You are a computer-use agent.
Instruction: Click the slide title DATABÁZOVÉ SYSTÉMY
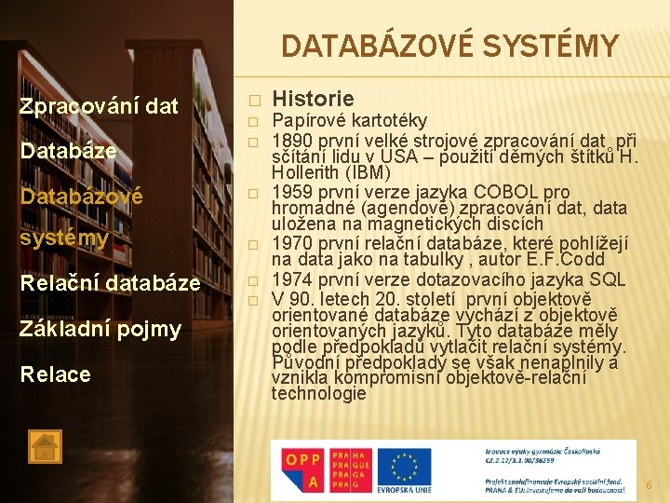coord(449,46)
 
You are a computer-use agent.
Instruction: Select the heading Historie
coord(313,99)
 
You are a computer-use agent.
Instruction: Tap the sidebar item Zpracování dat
coord(99,106)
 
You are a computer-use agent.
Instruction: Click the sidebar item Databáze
coord(68,151)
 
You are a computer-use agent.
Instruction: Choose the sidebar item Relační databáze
coord(110,283)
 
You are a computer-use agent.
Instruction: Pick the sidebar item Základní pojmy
coord(100,328)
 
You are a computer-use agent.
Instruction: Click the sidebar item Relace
coord(55,374)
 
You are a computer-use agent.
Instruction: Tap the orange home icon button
coord(45,447)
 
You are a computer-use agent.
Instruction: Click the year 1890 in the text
coord(290,138)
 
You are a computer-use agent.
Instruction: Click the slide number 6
coord(650,485)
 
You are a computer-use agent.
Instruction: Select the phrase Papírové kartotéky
coord(349,120)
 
